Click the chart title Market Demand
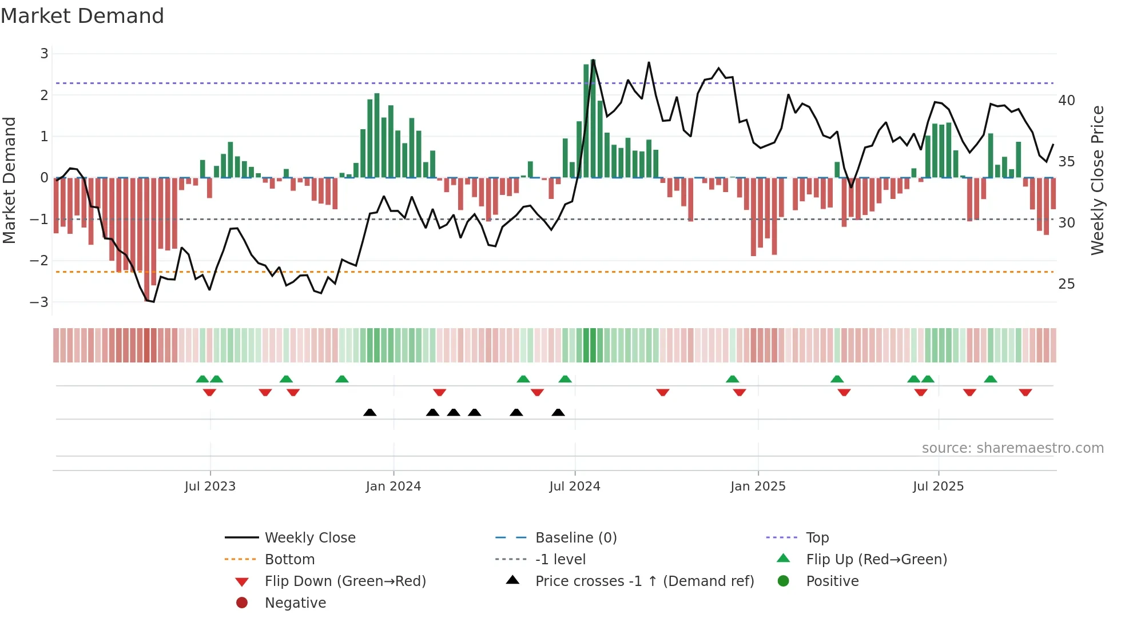[82, 16]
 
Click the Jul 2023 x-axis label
[210, 487]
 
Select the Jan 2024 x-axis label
[393, 487]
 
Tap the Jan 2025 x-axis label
[758, 487]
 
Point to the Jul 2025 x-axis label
[938, 487]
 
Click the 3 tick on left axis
[44, 54]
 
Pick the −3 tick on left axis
[39, 302]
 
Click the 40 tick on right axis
[1066, 101]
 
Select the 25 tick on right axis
[1066, 284]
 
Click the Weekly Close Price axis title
[1097, 180]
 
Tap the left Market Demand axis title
[10, 180]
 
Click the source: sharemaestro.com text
[1012, 448]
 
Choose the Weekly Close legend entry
[309, 538]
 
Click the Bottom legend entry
[289, 560]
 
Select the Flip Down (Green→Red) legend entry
[345, 581]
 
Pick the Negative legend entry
[295, 603]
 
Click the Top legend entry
[817, 538]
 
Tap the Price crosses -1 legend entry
[644, 581]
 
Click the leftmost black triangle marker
[370, 412]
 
